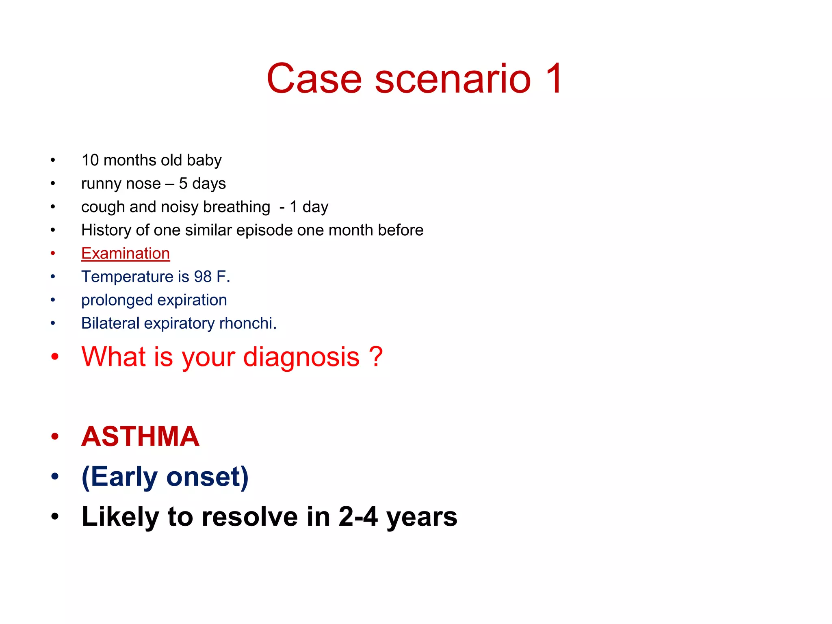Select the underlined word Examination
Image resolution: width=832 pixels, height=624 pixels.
coord(126,253)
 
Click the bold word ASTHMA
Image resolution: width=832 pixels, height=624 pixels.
coord(141,437)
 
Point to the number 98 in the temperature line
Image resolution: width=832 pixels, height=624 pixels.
coord(203,277)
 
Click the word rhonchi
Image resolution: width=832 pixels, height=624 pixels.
coord(247,323)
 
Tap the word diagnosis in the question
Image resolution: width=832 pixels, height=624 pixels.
coord(301,357)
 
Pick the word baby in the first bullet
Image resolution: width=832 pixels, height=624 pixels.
coord(204,160)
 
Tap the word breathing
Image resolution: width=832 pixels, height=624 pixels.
coord(236,207)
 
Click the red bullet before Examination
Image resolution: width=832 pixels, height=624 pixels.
coord(53,253)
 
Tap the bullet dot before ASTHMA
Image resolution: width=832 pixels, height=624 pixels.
coord(55,437)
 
